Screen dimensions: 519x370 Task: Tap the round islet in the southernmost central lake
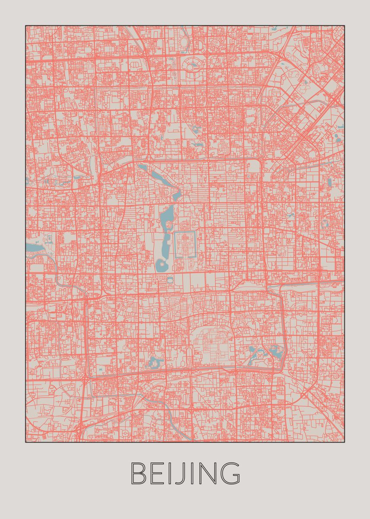point(161,263)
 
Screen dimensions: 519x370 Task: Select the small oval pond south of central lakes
point(171,281)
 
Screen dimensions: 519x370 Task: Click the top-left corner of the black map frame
point(25,26)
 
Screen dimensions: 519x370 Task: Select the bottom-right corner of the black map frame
point(345,442)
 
